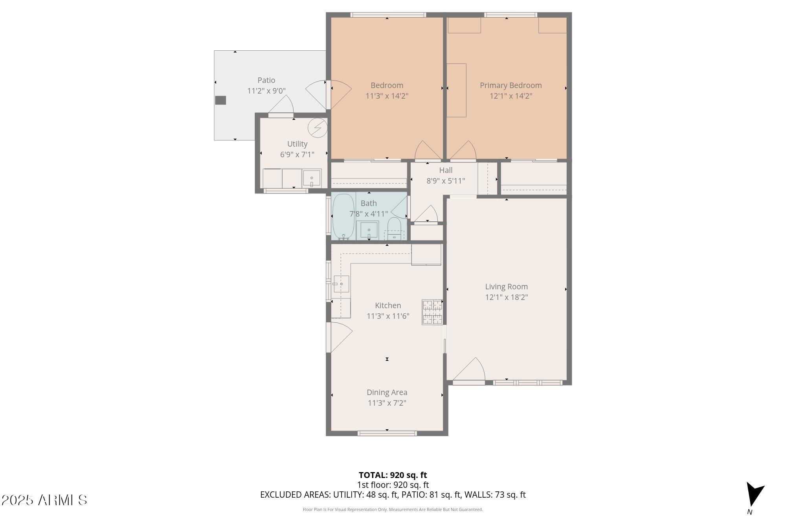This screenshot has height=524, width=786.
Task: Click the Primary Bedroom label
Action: pyautogui.click(x=511, y=85)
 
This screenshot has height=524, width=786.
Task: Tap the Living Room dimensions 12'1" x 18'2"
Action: pyautogui.click(x=507, y=297)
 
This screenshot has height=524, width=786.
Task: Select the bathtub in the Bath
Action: pyautogui.click(x=343, y=217)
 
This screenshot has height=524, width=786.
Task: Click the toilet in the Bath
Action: pyautogui.click(x=394, y=230)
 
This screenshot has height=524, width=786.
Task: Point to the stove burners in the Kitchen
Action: pyautogui.click(x=432, y=312)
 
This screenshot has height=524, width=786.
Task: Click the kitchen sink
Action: pyautogui.click(x=341, y=284)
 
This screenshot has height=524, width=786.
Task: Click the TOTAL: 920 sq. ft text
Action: pyautogui.click(x=393, y=475)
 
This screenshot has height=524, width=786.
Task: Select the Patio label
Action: pyautogui.click(x=266, y=80)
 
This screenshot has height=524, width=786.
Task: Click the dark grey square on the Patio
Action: pyautogui.click(x=220, y=100)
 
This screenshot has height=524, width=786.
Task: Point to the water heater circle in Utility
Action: pyautogui.click(x=317, y=127)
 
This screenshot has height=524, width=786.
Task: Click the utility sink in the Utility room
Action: pyautogui.click(x=312, y=179)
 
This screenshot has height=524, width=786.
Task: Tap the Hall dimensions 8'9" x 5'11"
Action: pyautogui.click(x=446, y=181)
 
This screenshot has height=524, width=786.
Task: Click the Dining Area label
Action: pyautogui.click(x=387, y=392)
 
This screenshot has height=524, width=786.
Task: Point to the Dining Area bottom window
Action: pyautogui.click(x=387, y=433)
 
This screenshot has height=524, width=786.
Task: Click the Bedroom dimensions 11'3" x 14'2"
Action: pyautogui.click(x=387, y=96)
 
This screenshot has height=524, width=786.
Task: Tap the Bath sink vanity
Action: pyautogui.click(x=369, y=230)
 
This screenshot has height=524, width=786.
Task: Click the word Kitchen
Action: pyautogui.click(x=388, y=305)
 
